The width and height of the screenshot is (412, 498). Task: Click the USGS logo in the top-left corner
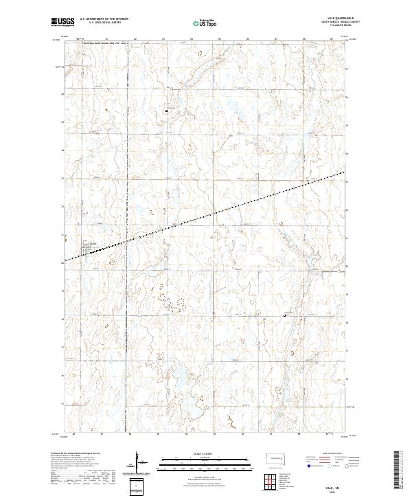(62, 23)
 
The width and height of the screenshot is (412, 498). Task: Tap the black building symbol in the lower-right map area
(286, 315)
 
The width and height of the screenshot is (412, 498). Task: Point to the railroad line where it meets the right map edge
(343, 172)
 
